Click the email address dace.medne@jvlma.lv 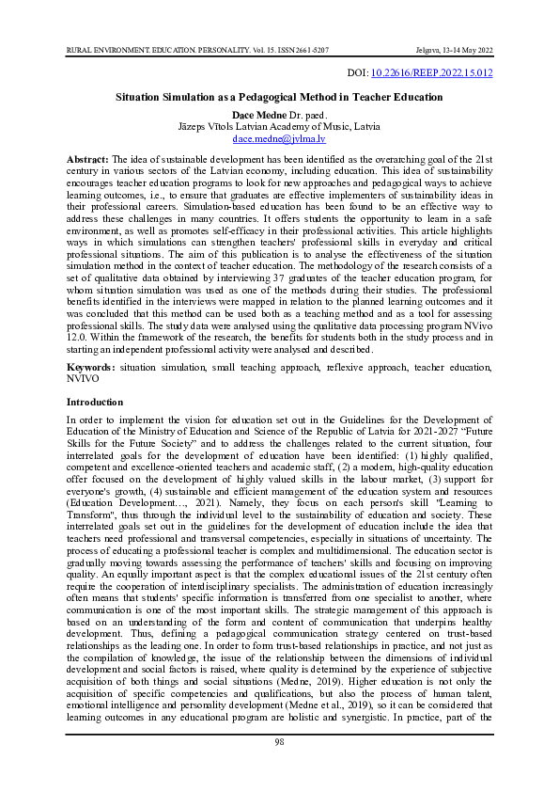click(279, 137)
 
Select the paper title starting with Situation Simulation click(279, 97)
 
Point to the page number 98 click(279, 768)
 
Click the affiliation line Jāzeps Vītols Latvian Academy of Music click(279, 125)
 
